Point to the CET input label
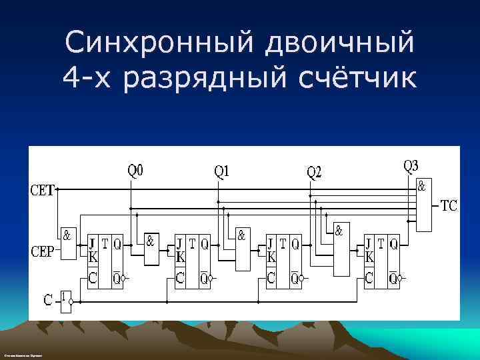[43, 189]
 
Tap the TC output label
[449, 206]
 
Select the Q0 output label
[135, 171]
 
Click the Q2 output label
[313, 173]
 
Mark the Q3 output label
[411, 165]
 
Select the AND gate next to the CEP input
[68, 243]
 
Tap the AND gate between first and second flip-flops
[153, 249]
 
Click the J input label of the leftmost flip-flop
[92, 243]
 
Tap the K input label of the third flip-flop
[271, 256]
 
